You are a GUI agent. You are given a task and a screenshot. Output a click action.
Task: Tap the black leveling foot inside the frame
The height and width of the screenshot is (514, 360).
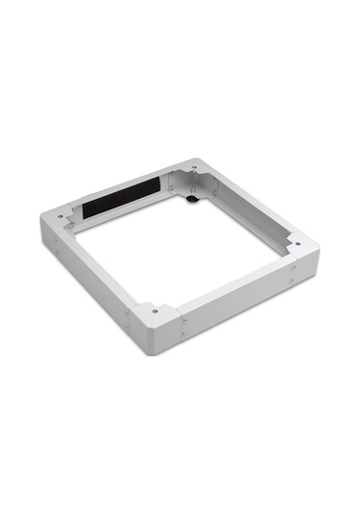(193, 200)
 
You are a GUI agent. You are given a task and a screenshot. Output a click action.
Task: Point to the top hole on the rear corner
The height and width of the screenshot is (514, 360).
(196, 170)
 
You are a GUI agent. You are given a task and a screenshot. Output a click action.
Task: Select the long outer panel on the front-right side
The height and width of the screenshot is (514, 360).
(240, 303)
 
